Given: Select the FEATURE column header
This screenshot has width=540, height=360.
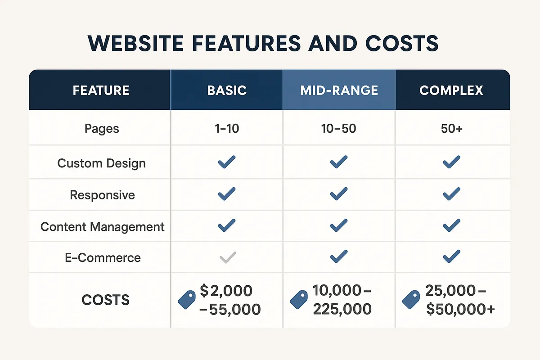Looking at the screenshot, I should (101, 90).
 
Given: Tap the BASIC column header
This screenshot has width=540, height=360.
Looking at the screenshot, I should (227, 90).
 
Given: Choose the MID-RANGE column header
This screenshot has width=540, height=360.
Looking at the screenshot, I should (339, 90).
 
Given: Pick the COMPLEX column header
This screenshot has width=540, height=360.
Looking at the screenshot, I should (451, 90).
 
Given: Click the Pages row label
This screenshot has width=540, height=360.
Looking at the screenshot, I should (102, 129).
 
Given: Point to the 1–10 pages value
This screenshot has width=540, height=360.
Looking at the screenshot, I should (226, 129).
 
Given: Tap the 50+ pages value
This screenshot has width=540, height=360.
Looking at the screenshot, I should (451, 129).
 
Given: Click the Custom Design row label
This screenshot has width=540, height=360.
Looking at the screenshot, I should (102, 163).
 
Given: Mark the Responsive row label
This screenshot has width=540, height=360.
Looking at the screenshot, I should (102, 195).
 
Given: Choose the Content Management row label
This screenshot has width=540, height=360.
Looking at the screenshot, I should (103, 226).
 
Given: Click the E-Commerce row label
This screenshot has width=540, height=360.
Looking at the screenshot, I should (102, 258).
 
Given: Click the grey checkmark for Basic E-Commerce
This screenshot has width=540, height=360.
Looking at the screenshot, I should (227, 257).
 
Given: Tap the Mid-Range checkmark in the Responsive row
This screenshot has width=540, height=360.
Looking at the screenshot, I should (338, 194).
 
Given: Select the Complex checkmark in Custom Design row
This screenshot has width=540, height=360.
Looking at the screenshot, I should (451, 162).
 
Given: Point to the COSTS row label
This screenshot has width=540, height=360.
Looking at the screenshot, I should (106, 300).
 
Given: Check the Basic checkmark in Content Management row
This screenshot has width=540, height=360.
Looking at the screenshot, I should (226, 225).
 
